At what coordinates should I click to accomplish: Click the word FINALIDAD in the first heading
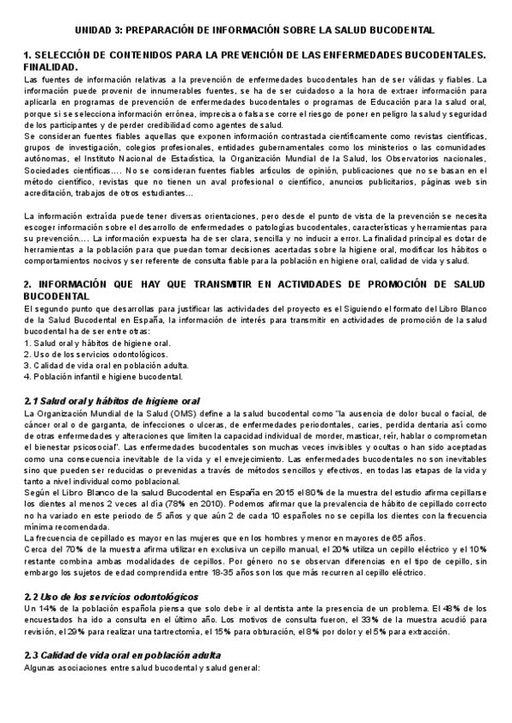point(49,67)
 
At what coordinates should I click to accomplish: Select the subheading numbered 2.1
point(110,400)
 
